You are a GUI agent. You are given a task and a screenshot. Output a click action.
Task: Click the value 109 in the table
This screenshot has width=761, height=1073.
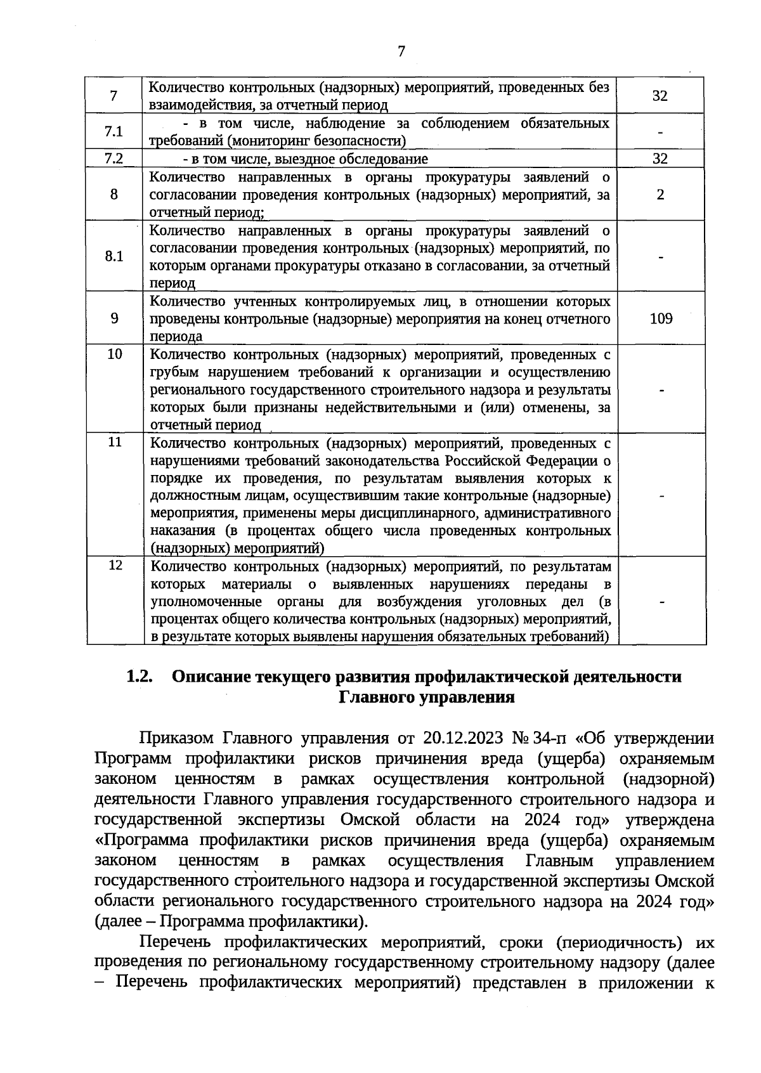(661, 318)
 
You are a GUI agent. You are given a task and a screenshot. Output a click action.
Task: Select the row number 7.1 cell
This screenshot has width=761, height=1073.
(114, 131)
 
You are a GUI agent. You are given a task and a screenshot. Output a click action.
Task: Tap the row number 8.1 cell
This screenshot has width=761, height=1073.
(114, 256)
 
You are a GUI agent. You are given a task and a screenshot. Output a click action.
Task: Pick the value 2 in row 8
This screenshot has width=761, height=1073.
(661, 194)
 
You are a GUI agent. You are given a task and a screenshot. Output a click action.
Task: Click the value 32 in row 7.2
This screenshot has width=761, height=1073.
(660, 159)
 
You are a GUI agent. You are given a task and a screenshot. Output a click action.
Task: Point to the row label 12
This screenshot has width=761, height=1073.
(115, 564)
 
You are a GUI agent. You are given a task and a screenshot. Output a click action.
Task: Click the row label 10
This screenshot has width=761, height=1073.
(114, 354)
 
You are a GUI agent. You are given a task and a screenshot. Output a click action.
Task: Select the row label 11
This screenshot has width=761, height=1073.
(114, 442)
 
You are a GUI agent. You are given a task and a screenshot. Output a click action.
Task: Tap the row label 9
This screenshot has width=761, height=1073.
(114, 318)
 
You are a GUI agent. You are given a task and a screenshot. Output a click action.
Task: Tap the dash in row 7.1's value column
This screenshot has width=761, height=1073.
(660, 132)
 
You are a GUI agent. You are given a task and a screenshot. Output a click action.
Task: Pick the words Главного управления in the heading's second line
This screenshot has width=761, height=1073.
(426, 698)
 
